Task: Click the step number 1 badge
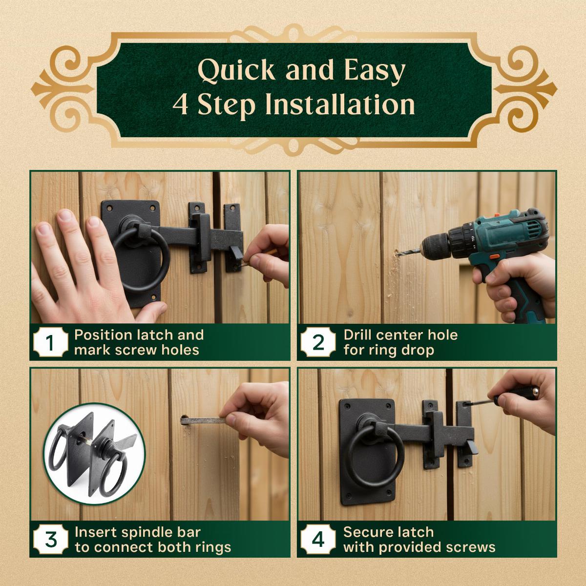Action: coord(50,343)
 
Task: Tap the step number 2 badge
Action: coord(318,343)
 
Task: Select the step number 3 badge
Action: coord(50,540)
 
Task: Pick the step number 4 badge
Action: coord(318,540)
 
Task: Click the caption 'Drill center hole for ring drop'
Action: coord(400,342)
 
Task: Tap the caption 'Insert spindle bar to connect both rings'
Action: coord(152,540)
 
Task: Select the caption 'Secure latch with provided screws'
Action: coord(419,540)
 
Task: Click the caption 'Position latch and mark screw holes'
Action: coord(139,342)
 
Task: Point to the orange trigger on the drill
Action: coord(494,257)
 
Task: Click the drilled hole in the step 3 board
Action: coord(184,421)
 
